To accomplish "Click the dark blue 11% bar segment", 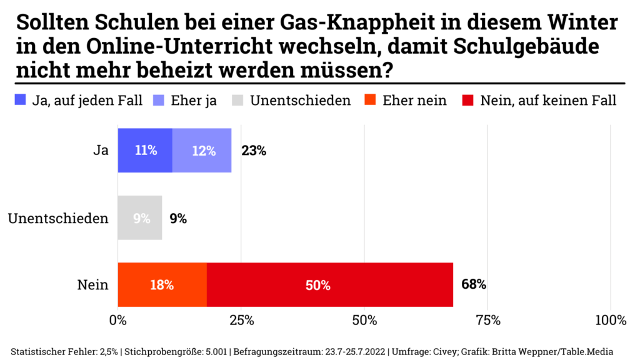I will click(x=144, y=151).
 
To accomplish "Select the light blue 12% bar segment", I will click(x=202, y=151).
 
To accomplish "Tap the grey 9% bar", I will click(x=140, y=218).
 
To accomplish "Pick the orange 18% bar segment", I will click(x=162, y=285).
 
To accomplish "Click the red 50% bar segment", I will click(x=330, y=285).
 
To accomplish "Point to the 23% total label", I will click(x=254, y=151).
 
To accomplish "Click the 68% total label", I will click(x=473, y=285).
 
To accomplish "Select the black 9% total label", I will click(x=178, y=218).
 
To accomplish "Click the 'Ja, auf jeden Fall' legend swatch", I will click(x=21, y=100).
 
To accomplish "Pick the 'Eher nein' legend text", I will click(x=414, y=100).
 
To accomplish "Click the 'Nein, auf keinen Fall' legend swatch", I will click(x=467, y=100).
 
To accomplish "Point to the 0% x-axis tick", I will click(x=117, y=321).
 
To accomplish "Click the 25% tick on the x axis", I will click(x=241, y=321).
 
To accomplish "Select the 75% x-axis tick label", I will click(x=488, y=321).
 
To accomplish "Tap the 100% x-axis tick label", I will click(x=611, y=321).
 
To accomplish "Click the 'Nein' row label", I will click(x=92, y=285).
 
